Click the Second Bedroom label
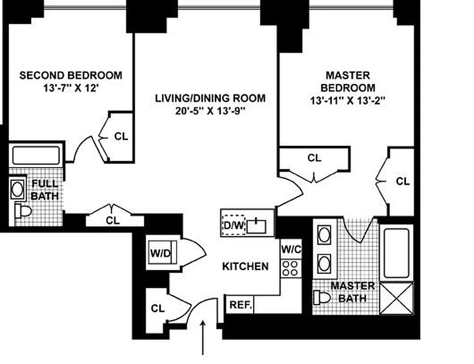[71, 75]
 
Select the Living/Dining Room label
[210, 98]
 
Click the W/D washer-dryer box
[161, 254]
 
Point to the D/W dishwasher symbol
[233, 225]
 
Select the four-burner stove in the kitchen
[291, 268]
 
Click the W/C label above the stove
[291, 249]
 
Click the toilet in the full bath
[22, 211]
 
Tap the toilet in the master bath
[322, 298]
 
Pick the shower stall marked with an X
[397, 298]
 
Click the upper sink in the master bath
[324, 235]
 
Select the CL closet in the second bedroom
[121, 136]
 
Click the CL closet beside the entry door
[157, 308]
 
